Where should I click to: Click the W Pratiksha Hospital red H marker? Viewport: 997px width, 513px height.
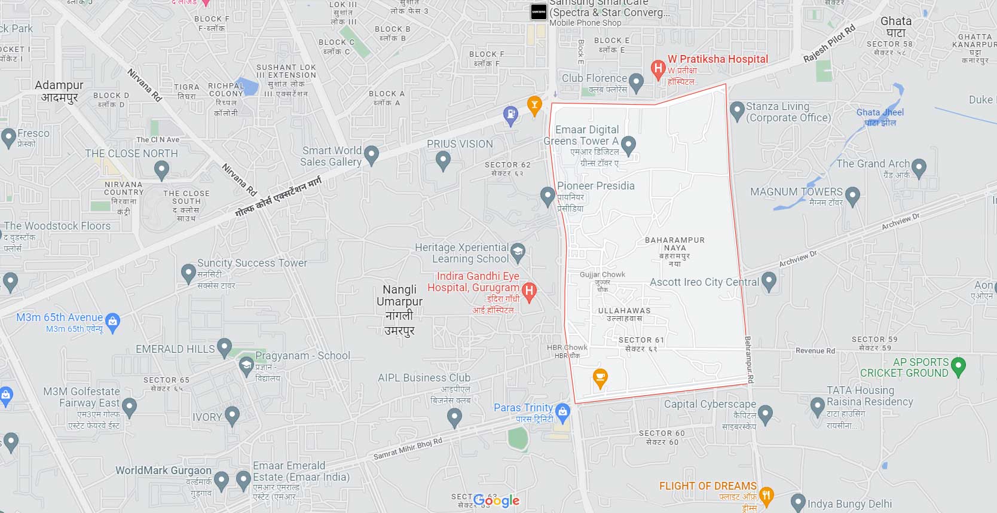point(658,69)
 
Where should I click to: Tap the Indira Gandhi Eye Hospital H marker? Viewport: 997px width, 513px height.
point(529,291)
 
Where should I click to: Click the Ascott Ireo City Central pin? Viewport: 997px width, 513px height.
point(769,280)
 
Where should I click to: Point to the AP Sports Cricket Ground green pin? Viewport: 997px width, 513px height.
point(958,366)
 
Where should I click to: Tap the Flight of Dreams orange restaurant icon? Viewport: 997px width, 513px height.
point(766,494)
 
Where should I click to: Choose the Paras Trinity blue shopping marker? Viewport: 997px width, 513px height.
point(562,411)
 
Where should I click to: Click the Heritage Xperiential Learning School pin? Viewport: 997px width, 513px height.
point(518,252)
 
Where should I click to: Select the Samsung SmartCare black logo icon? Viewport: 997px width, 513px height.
point(539,12)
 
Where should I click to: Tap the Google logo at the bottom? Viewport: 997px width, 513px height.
point(496,500)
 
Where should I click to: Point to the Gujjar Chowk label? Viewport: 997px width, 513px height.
point(603,274)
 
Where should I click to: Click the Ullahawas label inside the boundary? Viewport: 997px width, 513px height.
point(624,311)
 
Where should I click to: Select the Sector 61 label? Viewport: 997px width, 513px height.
point(641,340)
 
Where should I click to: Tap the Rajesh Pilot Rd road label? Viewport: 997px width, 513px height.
point(829,43)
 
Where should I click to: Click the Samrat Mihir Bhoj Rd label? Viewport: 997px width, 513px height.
point(408,449)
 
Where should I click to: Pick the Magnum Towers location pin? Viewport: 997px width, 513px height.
point(852,195)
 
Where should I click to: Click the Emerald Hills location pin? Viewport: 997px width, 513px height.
point(224,346)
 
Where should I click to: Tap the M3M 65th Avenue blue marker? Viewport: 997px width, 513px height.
point(112,322)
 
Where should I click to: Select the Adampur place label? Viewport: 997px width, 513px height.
point(59,85)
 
